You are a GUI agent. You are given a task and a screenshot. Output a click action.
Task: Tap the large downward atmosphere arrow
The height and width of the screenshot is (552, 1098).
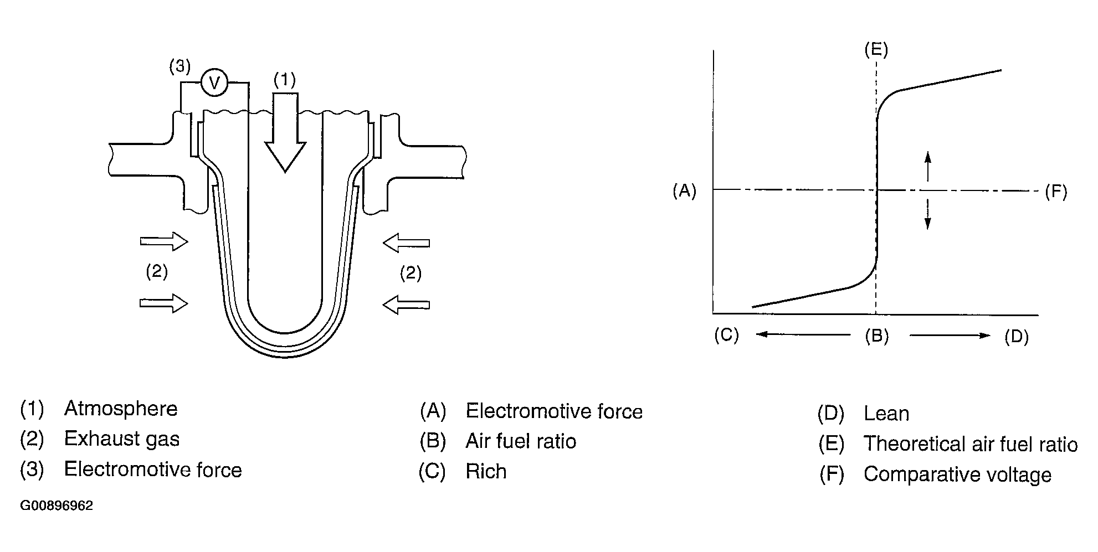(285, 132)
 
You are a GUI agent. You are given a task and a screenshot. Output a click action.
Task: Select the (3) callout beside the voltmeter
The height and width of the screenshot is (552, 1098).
(180, 67)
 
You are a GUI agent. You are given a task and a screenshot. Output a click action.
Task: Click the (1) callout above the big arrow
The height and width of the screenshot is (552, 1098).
(285, 80)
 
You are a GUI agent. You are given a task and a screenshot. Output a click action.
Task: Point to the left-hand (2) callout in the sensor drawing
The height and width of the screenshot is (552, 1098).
(157, 271)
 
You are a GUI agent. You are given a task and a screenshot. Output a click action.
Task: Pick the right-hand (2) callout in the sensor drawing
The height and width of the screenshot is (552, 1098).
(411, 273)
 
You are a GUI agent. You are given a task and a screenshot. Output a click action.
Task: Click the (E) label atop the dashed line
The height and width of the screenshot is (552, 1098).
(876, 50)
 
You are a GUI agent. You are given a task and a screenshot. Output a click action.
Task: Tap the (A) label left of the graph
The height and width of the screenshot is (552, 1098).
(684, 191)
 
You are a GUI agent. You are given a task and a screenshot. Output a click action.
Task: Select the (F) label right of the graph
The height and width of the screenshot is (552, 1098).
(1056, 192)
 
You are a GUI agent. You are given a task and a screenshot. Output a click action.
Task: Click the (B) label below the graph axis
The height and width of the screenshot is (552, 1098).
(877, 336)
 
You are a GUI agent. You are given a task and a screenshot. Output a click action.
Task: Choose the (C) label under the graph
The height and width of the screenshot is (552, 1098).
(727, 335)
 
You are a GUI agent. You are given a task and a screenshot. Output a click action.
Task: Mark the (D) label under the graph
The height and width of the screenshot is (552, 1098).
(1017, 337)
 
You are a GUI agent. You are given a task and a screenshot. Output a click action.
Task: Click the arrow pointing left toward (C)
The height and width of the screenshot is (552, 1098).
(803, 334)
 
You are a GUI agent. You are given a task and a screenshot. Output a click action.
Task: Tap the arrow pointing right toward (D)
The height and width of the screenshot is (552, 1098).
(950, 335)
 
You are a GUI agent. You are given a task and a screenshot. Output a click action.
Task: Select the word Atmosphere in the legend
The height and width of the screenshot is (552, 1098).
(121, 409)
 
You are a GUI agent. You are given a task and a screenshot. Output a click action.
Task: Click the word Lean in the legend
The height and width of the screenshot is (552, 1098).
(886, 414)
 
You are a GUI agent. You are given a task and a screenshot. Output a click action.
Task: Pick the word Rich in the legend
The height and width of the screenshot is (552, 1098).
(486, 472)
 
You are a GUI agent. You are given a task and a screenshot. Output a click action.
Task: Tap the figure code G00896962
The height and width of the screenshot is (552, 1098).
(57, 506)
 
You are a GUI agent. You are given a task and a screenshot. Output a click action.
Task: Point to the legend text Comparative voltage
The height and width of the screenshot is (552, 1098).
(957, 474)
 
